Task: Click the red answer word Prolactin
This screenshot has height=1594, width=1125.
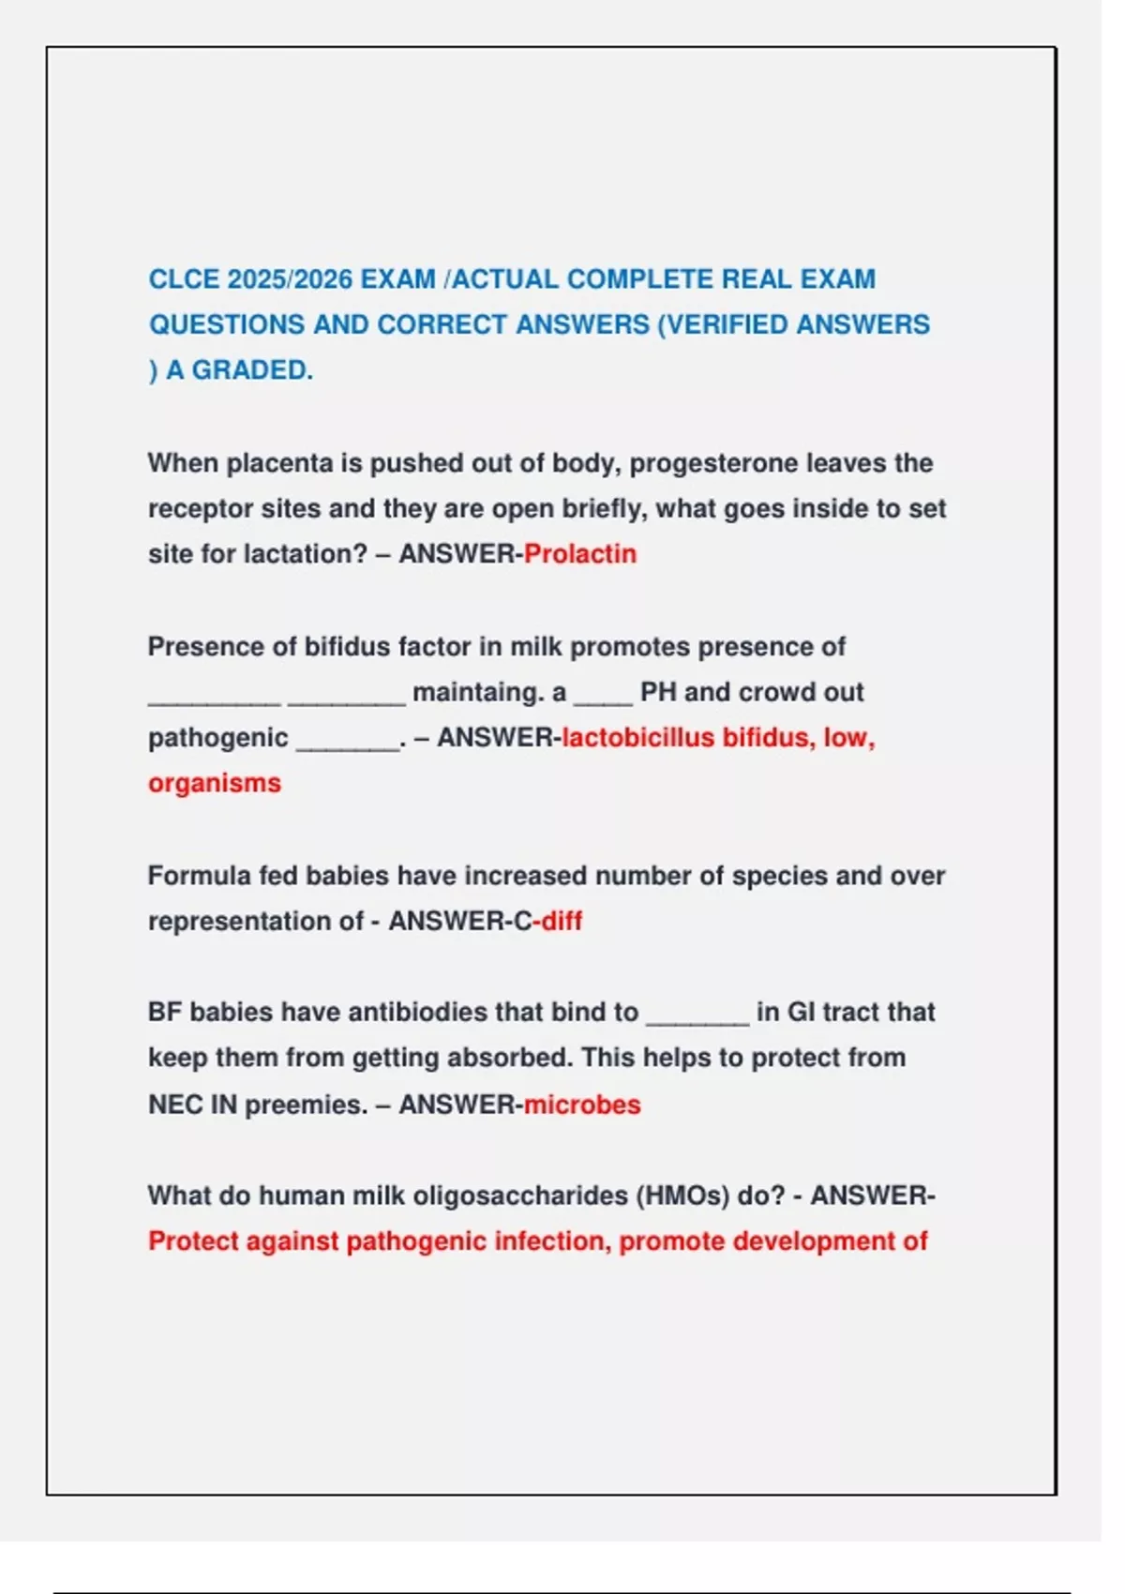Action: pyautogui.click(x=580, y=554)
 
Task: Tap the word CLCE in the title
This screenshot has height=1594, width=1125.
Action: pyautogui.click(x=184, y=279)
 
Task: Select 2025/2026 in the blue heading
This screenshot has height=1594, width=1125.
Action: pyautogui.click(x=290, y=279)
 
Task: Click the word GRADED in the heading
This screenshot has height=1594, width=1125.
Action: pyautogui.click(x=252, y=370)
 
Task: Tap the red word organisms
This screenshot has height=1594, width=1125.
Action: pyautogui.click(x=215, y=783)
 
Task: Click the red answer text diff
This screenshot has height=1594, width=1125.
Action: pyautogui.click(x=562, y=921)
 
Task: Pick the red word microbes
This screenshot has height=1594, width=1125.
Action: pyautogui.click(x=582, y=1105)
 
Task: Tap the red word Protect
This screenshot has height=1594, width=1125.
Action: pyautogui.click(x=195, y=1241)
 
